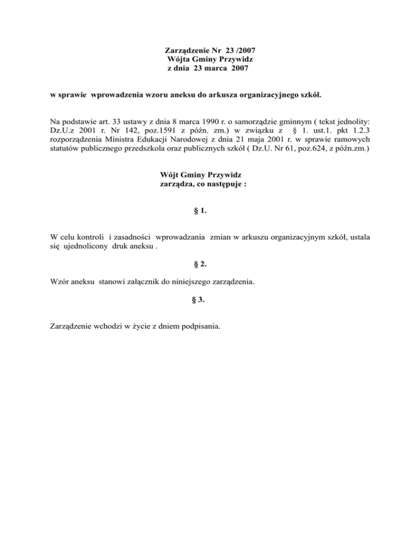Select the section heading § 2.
[200, 264]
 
